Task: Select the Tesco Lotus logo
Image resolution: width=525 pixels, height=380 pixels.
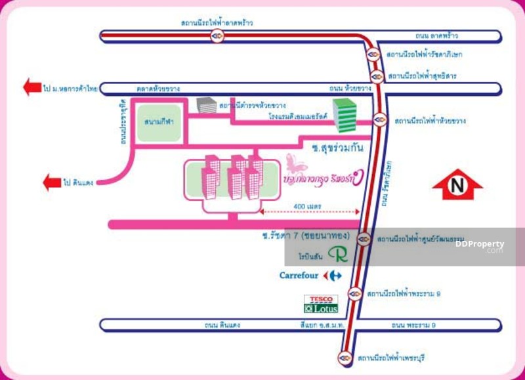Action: point(320,303)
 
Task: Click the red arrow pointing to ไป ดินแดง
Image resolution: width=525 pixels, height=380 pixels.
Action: point(52,182)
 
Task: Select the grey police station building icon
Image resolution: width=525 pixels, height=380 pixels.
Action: point(206,105)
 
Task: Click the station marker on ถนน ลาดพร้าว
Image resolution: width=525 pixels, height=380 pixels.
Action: point(217,36)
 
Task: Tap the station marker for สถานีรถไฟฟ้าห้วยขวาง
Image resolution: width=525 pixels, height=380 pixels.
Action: point(379,120)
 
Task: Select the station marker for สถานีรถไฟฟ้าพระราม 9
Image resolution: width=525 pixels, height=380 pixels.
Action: point(355,293)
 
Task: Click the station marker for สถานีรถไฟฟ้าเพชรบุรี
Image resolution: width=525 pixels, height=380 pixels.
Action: point(345,358)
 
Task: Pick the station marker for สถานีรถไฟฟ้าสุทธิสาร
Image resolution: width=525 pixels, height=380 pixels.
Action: point(377,76)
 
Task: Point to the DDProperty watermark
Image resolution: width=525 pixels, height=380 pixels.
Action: point(480,245)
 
